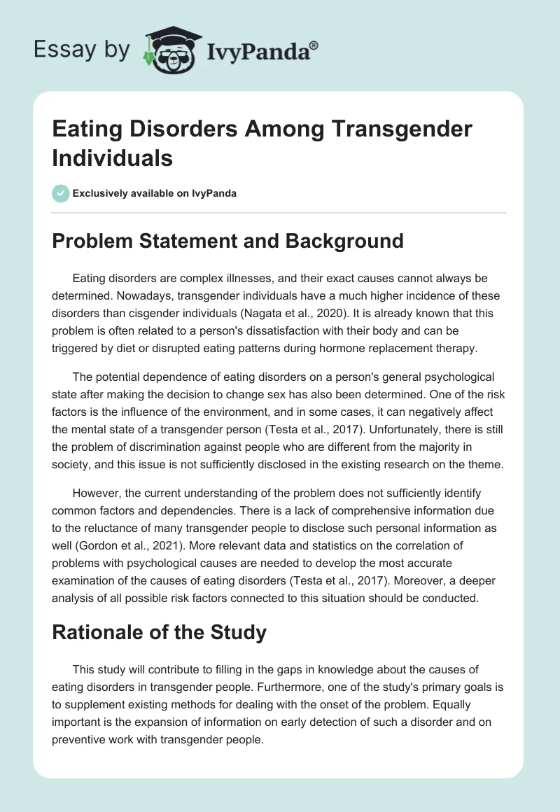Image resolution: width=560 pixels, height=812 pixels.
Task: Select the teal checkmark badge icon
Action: tap(61, 193)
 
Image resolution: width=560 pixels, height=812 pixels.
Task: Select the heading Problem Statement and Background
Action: tap(228, 241)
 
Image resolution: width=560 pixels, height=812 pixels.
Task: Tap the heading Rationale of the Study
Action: tap(160, 633)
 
